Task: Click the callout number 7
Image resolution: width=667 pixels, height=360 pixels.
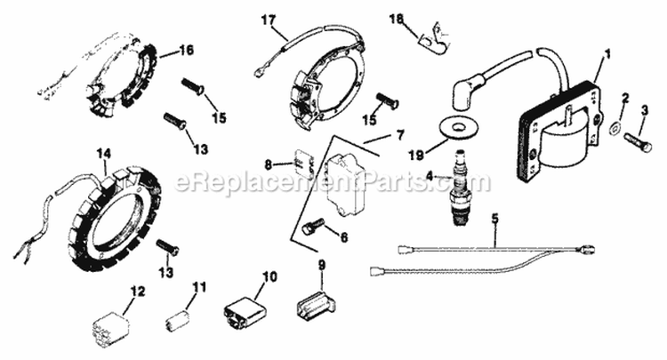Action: pyautogui.click(x=399, y=134)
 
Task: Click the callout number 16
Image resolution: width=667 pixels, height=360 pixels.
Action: pyautogui.click(x=186, y=50)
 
